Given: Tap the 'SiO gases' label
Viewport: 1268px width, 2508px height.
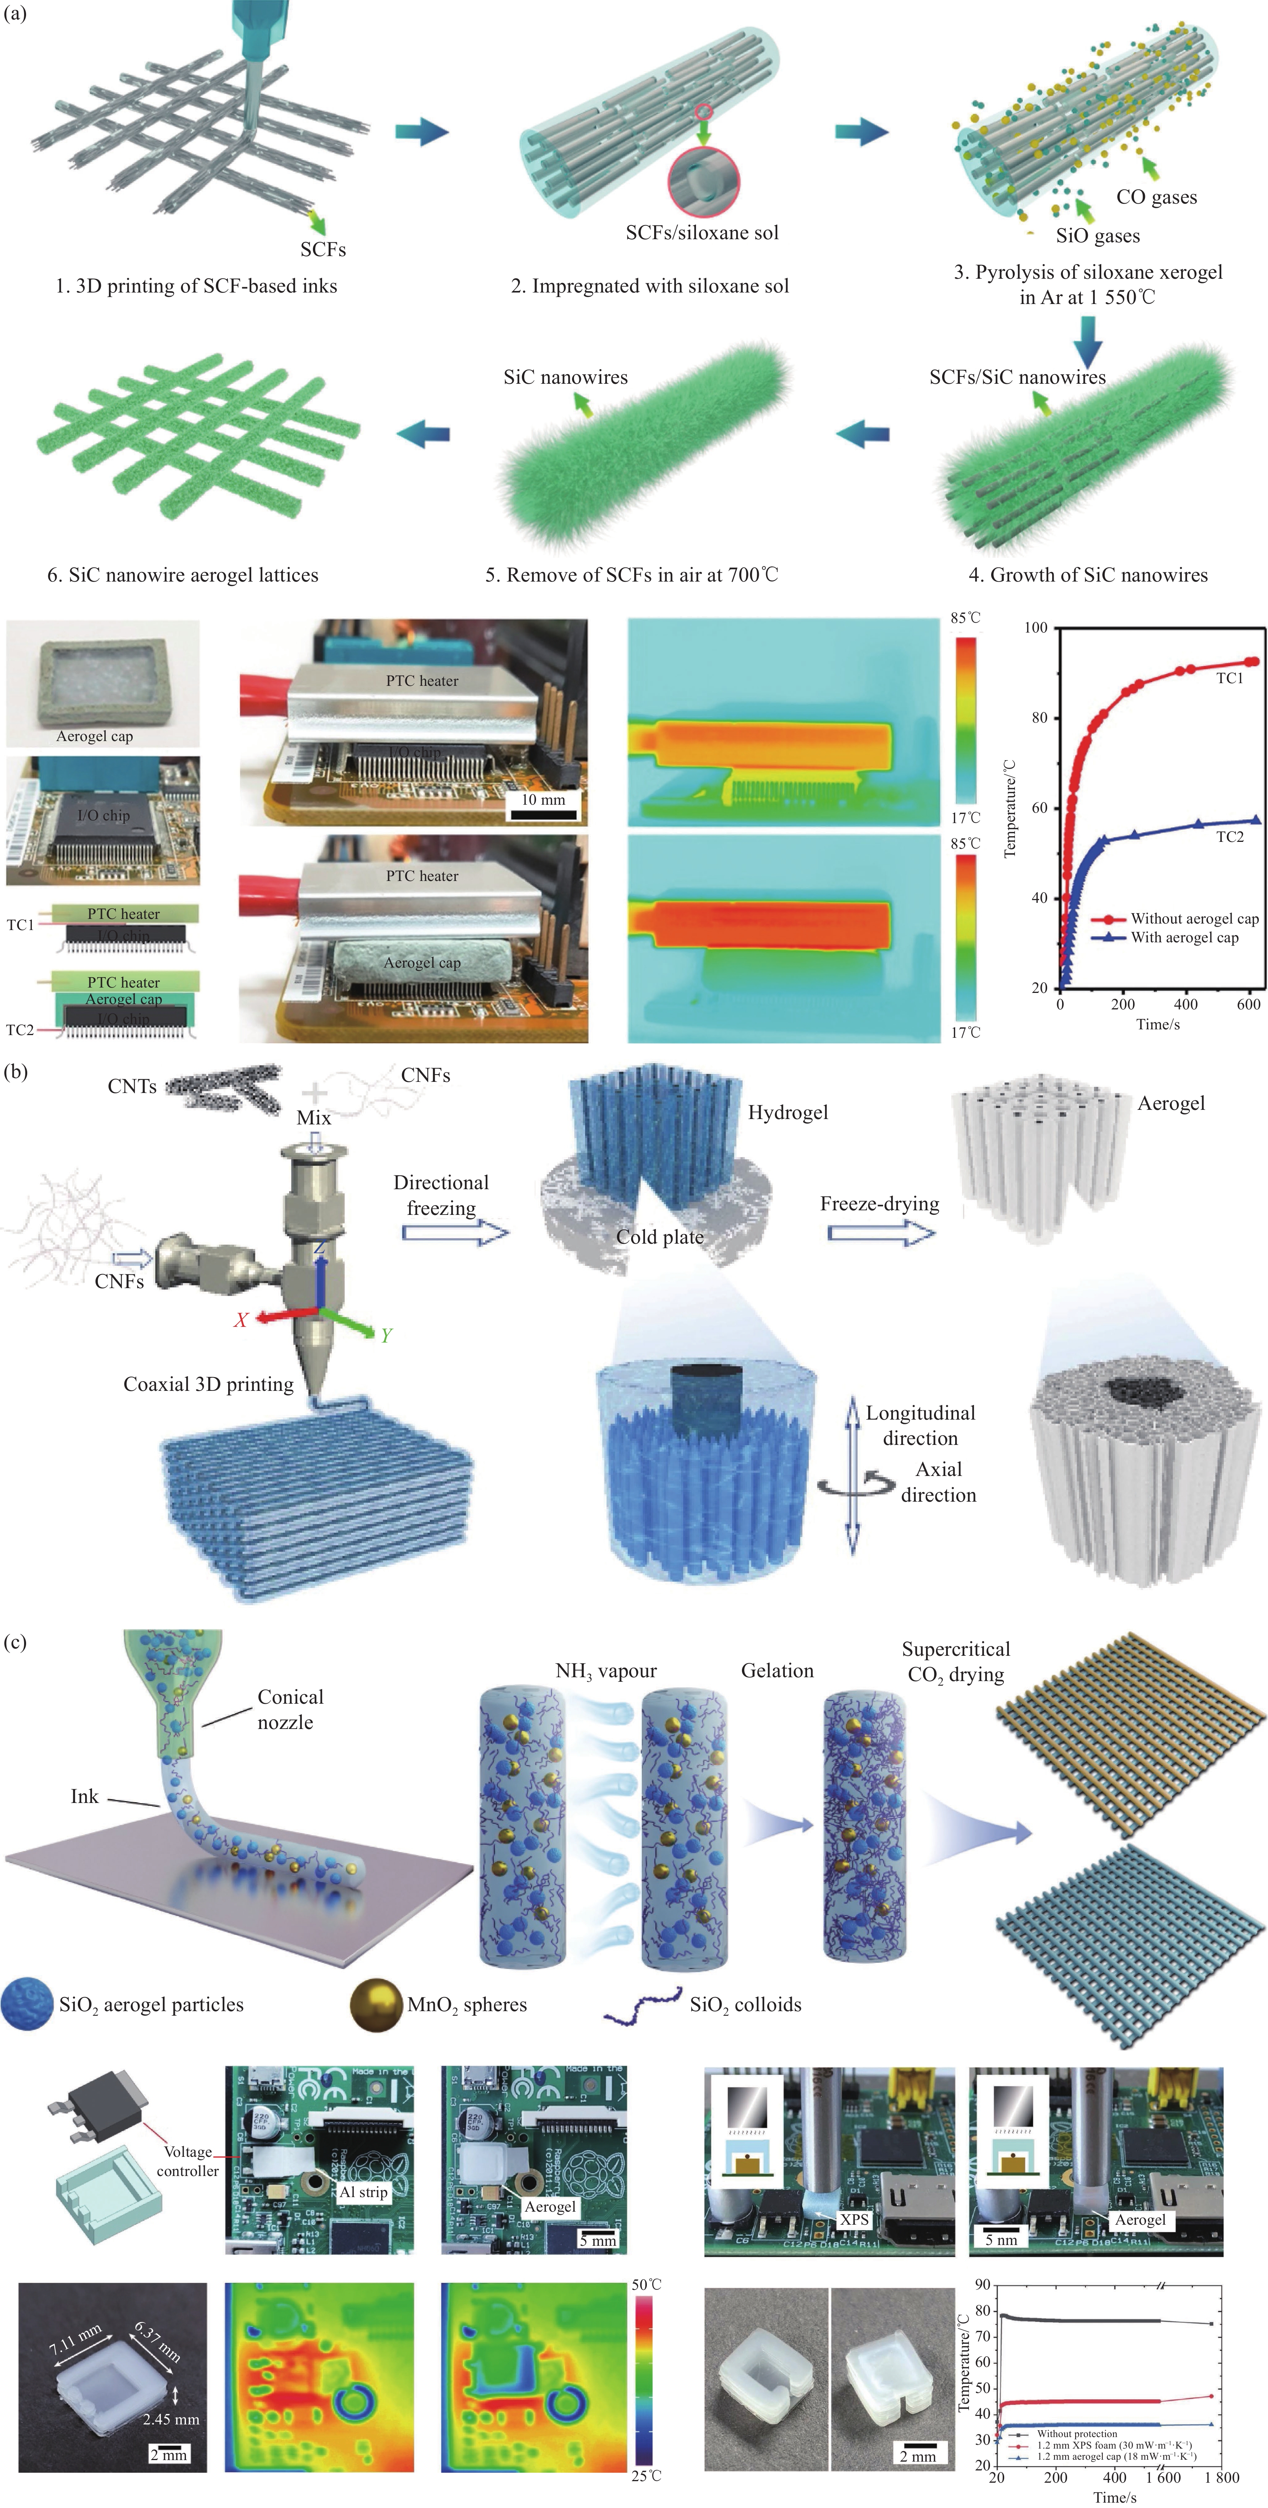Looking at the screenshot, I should pos(1098,236).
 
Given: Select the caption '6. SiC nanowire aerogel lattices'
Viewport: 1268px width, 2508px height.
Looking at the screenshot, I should pos(183,574).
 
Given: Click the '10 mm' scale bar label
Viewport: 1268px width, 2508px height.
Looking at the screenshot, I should pos(543,799).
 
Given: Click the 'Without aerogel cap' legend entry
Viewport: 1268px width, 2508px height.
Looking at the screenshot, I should pos(1194,918).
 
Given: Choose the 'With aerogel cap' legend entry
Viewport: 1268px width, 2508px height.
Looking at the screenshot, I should pos(1184,938).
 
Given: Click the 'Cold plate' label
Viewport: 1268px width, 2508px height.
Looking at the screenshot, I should pos(659,1236).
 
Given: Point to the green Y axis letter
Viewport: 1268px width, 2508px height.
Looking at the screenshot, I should pos(386,1335).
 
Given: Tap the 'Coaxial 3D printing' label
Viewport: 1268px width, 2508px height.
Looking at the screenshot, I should pos(209,1384).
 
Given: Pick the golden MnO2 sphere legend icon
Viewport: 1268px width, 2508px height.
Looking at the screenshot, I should pos(376,2005).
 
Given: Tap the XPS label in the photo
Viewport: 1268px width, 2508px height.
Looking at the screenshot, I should pos(854,2219).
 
